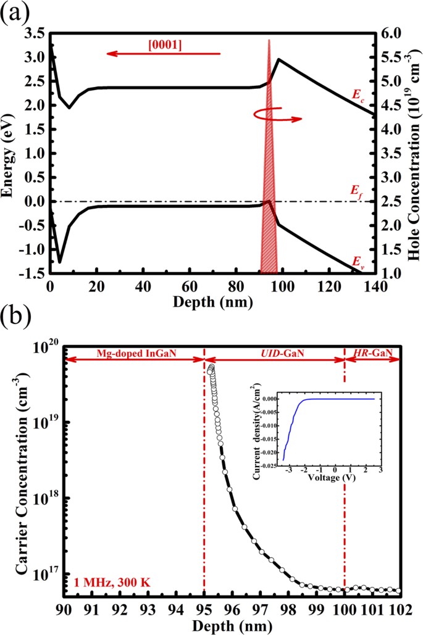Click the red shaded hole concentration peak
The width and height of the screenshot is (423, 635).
point(269,185)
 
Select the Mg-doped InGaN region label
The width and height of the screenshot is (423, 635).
point(134,352)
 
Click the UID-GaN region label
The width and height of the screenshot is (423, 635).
point(275,352)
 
